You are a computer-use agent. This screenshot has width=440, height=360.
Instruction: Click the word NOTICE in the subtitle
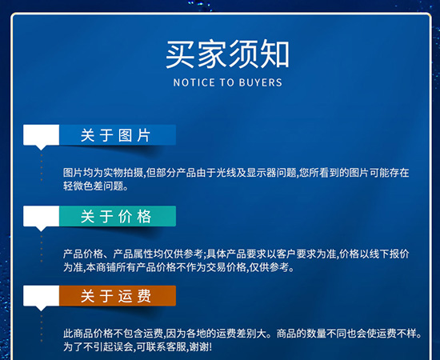188,83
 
